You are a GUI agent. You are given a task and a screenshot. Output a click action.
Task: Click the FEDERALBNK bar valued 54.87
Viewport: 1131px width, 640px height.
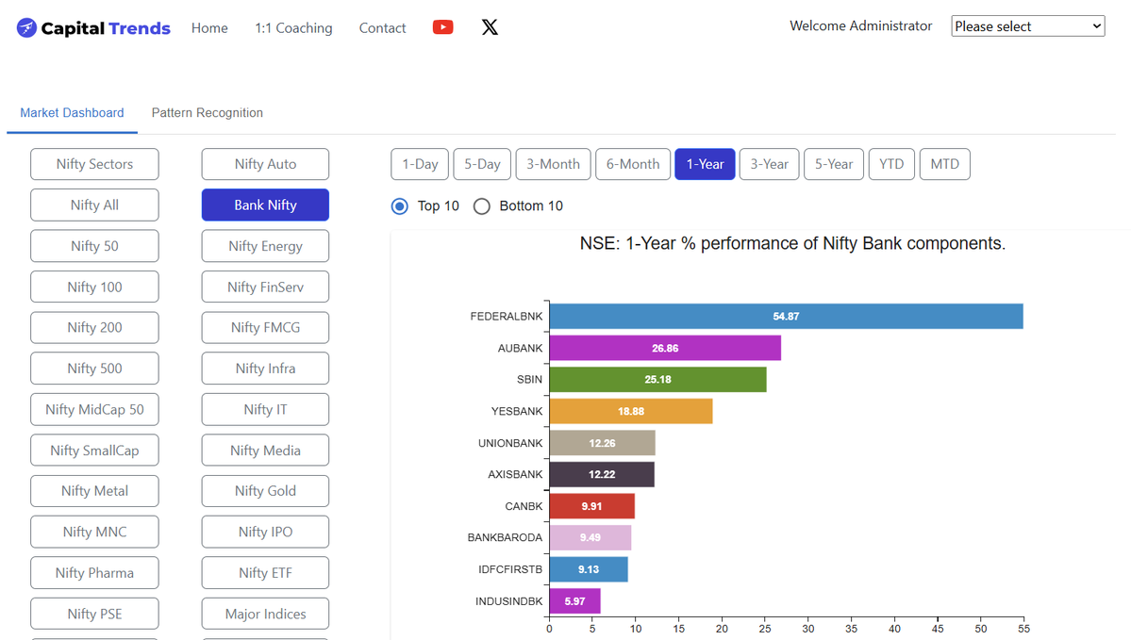(x=786, y=317)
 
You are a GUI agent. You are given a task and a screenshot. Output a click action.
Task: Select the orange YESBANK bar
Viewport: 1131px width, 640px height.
(x=631, y=412)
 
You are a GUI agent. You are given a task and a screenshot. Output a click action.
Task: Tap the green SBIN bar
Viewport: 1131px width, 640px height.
(x=657, y=380)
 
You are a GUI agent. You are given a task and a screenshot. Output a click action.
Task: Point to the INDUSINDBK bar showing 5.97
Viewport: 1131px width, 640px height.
(x=574, y=601)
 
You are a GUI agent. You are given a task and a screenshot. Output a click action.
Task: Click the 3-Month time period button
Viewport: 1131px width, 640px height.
(x=554, y=164)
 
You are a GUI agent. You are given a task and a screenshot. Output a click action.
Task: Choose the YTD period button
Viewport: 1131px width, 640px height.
(x=891, y=164)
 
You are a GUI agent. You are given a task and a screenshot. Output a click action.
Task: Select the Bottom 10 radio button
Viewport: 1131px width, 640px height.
(x=482, y=206)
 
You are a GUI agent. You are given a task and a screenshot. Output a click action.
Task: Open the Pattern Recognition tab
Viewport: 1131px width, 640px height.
(x=207, y=112)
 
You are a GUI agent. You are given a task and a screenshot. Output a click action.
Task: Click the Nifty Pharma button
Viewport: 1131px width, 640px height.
(x=94, y=573)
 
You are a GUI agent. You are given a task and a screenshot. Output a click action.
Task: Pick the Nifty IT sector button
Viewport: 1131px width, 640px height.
(x=265, y=409)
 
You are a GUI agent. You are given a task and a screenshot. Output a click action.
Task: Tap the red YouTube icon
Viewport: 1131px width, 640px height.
(x=443, y=27)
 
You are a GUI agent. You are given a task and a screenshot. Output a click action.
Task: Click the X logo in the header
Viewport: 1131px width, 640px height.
(x=490, y=27)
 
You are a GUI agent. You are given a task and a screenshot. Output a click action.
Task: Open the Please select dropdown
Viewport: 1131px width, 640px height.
(x=1028, y=26)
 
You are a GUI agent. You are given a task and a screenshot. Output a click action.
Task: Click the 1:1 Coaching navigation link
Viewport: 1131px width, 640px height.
(x=293, y=28)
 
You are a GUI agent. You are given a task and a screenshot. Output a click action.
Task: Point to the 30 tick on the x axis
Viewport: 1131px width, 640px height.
(x=808, y=629)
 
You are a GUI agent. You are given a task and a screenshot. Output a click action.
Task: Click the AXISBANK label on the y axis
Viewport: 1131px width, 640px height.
(x=515, y=474)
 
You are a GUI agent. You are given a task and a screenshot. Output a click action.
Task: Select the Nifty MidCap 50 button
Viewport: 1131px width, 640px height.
(x=94, y=409)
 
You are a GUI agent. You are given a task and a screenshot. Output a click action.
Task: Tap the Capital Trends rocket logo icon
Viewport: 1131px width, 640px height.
(x=26, y=28)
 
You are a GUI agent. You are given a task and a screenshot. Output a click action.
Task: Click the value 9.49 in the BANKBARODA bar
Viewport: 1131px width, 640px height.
(x=590, y=537)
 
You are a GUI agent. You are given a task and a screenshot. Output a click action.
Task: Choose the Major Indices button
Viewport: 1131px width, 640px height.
(x=265, y=614)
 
